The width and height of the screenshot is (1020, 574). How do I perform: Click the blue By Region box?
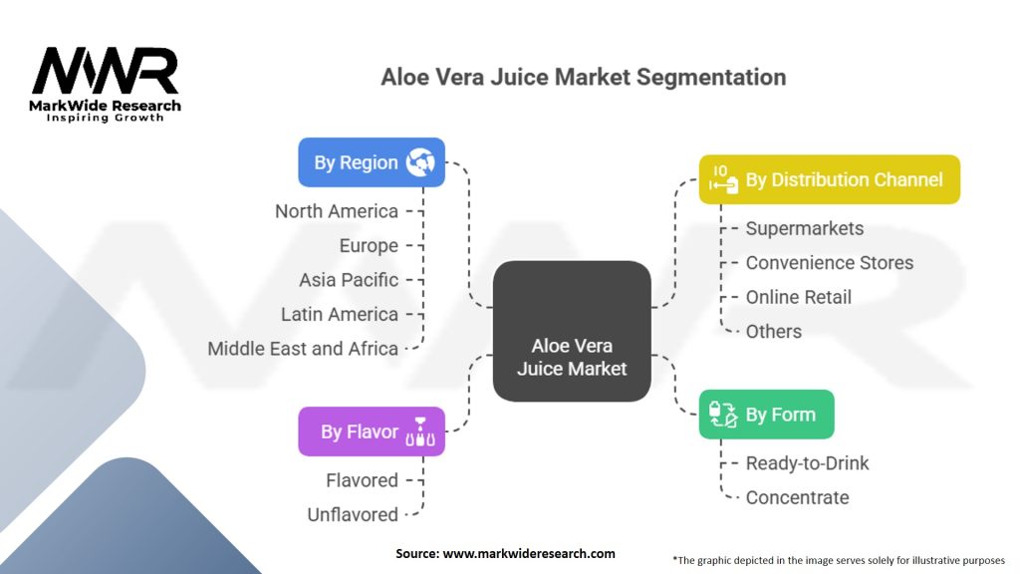click(372, 162)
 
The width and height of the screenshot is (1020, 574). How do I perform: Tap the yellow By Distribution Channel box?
click(830, 179)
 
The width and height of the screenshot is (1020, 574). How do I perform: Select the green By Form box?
click(766, 415)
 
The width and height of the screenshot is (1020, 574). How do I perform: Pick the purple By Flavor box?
click(372, 431)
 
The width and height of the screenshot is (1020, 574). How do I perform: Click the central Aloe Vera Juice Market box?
click(572, 331)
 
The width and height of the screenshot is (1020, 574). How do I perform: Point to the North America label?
click(337, 211)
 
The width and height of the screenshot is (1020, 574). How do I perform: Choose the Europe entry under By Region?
click(369, 246)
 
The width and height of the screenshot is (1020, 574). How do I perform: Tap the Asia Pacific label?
click(349, 280)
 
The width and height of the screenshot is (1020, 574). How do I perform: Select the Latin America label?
click(340, 314)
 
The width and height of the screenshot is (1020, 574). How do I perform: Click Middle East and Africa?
click(303, 349)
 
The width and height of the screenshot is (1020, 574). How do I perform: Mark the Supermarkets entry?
click(805, 228)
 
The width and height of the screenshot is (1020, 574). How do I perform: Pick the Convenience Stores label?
click(830, 263)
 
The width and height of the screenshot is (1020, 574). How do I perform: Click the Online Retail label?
click(798, 297)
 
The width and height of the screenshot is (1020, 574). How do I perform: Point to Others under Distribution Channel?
click(773, 331)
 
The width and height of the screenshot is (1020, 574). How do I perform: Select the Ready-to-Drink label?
click(807, 463)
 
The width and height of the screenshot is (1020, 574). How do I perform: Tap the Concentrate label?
click(797, 498)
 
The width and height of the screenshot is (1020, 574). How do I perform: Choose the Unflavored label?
click(353, 515)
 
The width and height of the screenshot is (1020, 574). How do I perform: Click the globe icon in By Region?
click(420, 162)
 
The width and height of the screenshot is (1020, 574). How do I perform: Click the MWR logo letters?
click(105, 71)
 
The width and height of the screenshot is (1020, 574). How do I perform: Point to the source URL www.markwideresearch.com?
click(529, 554)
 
